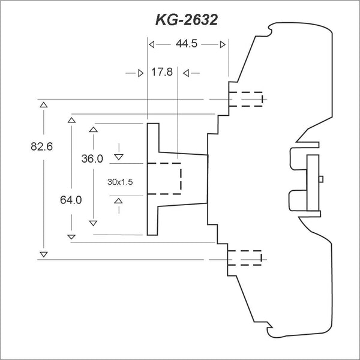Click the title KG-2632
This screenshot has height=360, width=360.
click(x=187, y=20)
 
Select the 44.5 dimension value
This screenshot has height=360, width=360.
click(x=187, y=44)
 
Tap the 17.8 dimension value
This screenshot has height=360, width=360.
click(x=162, y=72)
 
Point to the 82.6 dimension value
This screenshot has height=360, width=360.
click(x=42, y=146)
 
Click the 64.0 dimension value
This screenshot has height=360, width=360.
click(x=71, y=200)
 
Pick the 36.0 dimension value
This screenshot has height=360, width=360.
click(x=92, y=158)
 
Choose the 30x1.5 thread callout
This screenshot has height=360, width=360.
click(x=120, y=182)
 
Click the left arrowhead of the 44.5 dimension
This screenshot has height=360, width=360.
click(x=152, y=44)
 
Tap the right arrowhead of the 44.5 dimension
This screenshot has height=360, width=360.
click(x=223, y=44)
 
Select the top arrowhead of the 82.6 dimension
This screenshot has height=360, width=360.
click(x=44, y=105)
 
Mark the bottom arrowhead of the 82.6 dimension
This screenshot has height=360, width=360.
click(x=44, y=254)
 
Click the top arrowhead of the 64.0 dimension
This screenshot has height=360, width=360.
click(x=71, y=120)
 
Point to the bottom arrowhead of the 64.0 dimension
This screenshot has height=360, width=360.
click(x=71, y=237)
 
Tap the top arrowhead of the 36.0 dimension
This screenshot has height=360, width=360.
click(x=93, y=130)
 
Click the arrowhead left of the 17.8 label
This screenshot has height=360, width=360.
click(x=141, y=73)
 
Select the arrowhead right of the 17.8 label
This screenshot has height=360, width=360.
click(x=186, y=73)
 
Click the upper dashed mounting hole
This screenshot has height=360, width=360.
click(x=245, y=99)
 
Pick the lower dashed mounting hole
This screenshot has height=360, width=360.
click(x=245, y=258)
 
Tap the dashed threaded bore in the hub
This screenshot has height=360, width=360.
click(x=164, y=179)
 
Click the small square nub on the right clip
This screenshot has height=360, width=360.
click(x=321, y=179)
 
